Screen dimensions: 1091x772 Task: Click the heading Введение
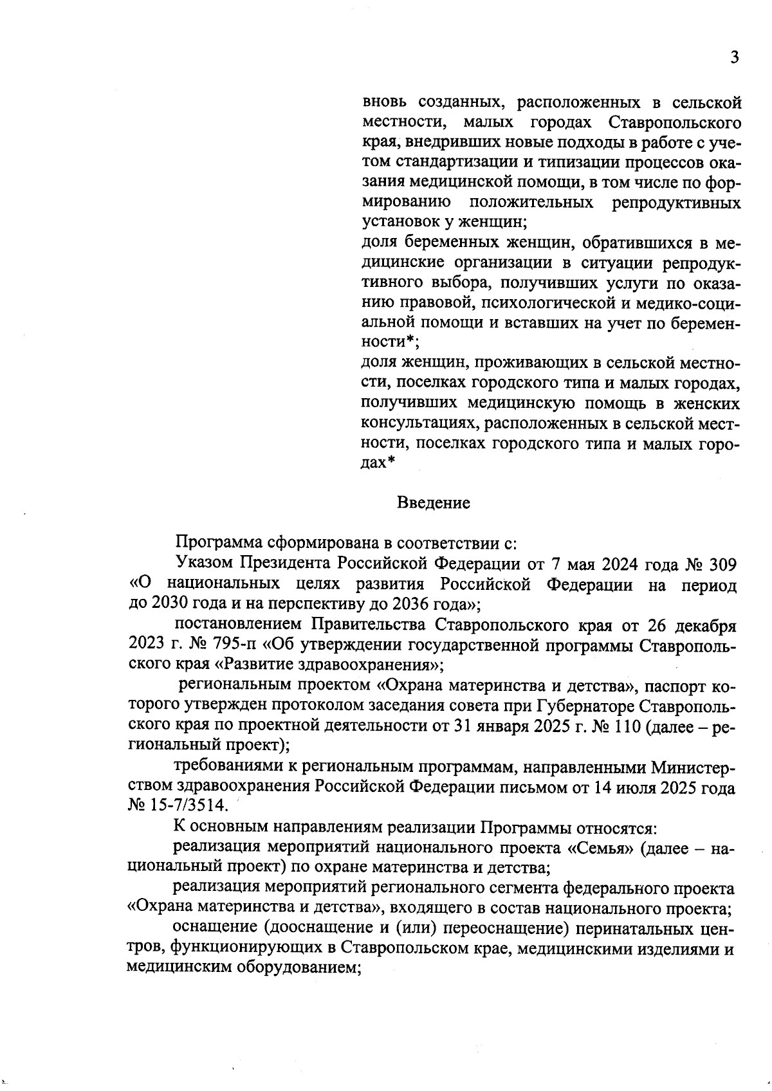[x=433, y=502]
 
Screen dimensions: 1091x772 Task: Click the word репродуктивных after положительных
[x=675, y=203]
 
